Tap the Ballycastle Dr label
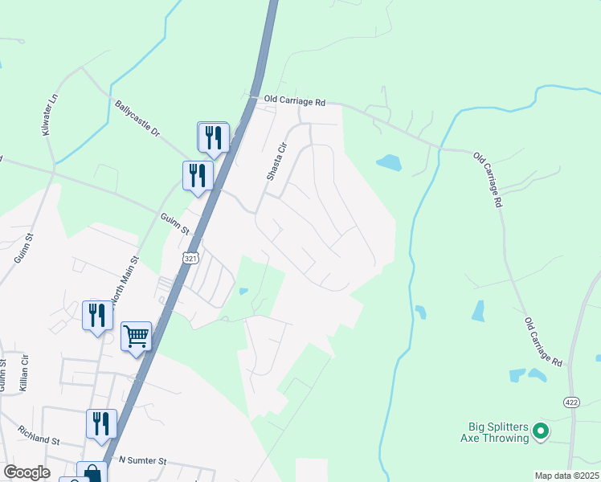(x=137, y=117)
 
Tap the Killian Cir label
(x=25, y=370)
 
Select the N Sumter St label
(x=142, y=461)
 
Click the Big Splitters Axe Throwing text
(x=499, y=432)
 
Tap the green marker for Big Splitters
(x=542, y=431)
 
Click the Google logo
(x=27, y=472)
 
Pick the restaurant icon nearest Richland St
(x=101, y=423)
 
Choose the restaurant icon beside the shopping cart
(x=97, y=314)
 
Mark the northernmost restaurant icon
(x=213, y=136)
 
